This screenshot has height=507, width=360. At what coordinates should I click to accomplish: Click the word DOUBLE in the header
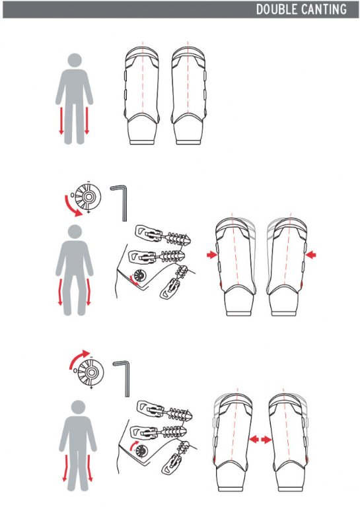[277, 9]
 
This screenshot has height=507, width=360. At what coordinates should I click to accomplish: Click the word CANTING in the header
[324, 9]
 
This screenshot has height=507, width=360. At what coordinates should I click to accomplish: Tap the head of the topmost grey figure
[75, 60]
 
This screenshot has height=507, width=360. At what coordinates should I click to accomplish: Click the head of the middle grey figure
[75, 232]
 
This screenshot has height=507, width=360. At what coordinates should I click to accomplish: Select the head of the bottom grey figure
[78, 407]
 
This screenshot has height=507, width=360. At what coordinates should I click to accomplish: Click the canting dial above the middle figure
[88, 197]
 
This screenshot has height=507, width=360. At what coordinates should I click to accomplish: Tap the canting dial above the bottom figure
[90, 372]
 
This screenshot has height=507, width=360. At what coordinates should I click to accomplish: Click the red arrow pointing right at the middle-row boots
[212, 255]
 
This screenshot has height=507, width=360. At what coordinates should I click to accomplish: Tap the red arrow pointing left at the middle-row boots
[311, 255]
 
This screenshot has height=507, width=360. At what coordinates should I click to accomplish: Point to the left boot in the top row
[142, 96]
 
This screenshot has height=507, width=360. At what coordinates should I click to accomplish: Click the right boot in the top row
[189, 96]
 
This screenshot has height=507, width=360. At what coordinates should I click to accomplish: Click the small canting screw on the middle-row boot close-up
[141, 276]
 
